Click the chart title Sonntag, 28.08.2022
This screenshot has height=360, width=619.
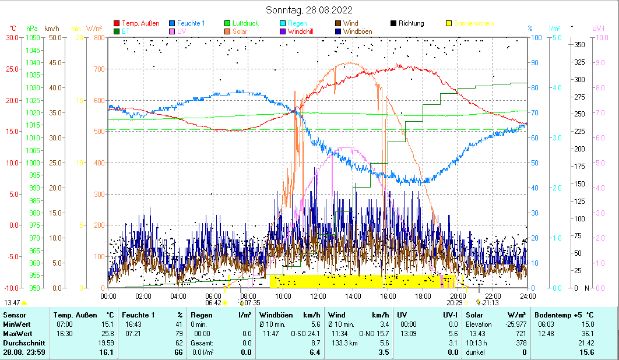click(x=309, y=10)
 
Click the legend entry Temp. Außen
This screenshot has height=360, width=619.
click(x=140, y=23)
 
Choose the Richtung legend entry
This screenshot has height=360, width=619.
click(x=411, y=23)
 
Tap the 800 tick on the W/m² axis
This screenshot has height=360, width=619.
click(x=99, y=37)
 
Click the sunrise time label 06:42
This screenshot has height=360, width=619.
click(x=213, y=303)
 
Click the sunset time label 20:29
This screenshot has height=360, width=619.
click(x=455, y=303)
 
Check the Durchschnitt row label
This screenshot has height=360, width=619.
click(x=22, y=343)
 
